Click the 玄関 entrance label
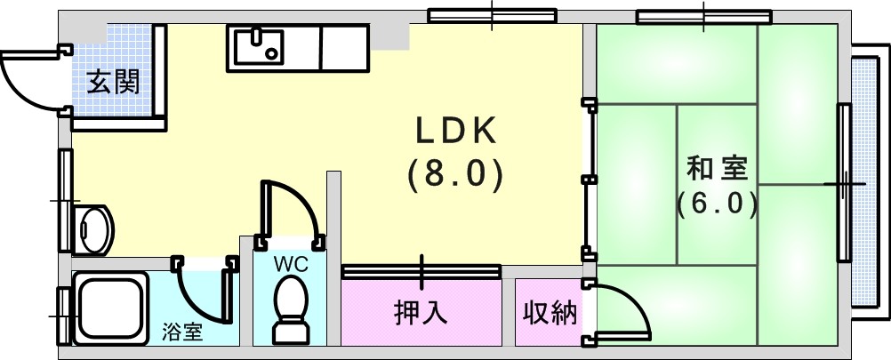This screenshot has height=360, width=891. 113,84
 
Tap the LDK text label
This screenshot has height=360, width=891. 456,132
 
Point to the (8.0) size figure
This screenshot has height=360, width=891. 455,173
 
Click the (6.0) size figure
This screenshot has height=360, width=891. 717,204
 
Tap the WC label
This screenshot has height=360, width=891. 290,264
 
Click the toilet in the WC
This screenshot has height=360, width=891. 291,309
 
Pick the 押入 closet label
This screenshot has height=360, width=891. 421,312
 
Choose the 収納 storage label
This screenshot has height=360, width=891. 550,312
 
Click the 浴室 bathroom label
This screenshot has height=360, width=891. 181,332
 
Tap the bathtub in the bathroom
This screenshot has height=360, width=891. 111,308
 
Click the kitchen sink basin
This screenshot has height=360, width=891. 259,46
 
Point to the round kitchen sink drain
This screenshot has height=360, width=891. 271,54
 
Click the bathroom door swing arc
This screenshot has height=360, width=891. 193,304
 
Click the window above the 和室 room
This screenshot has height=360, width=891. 704,18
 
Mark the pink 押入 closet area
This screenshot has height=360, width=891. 421,312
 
